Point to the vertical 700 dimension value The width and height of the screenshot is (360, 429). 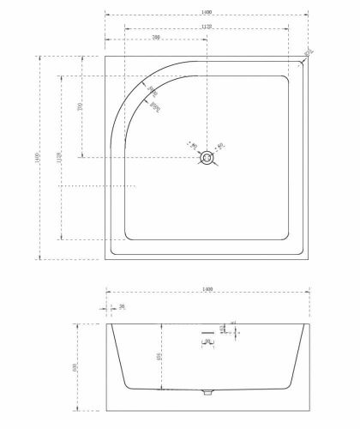(x=78, y=109)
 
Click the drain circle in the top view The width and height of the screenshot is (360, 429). (x=207, y=158)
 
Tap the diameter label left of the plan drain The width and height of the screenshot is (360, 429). (x=192, y=146)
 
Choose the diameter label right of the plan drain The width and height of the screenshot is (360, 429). (x=220, y=147)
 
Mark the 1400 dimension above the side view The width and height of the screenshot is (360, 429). (x=207, y=290)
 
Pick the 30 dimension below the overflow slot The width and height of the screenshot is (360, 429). (x=207, y=341)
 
